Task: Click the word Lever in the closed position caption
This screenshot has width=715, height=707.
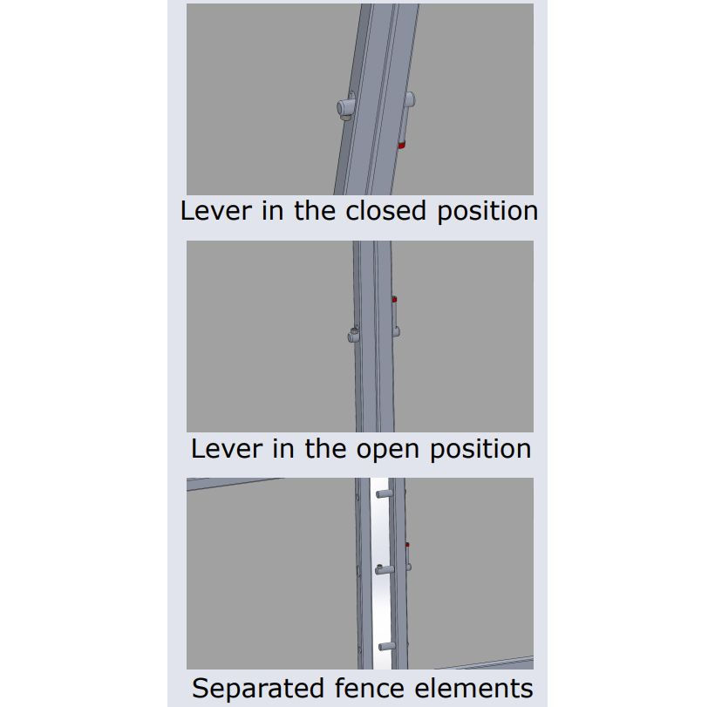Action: point(216,211)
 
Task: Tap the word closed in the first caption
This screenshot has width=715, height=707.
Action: point(385,211)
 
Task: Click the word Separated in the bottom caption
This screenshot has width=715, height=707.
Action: point(258,688)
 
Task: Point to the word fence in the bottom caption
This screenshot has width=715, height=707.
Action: point(370,688)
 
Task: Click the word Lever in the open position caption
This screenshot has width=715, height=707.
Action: point(227,449)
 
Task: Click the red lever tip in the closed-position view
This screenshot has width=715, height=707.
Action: point(401,146)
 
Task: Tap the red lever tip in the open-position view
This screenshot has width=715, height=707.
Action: point(394,299)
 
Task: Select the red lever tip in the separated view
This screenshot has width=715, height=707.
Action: point(408,544)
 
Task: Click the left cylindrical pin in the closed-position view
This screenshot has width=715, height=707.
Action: point(345,107)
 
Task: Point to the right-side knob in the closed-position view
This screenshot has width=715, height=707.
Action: point(410,99)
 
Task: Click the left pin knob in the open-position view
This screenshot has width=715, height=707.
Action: point(353,335)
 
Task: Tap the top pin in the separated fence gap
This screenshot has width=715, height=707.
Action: point(384,493)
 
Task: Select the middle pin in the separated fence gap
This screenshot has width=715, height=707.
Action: point(384,569)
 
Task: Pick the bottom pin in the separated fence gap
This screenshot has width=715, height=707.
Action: point(386,646)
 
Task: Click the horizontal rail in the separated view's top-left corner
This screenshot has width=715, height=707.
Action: point(233,483)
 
